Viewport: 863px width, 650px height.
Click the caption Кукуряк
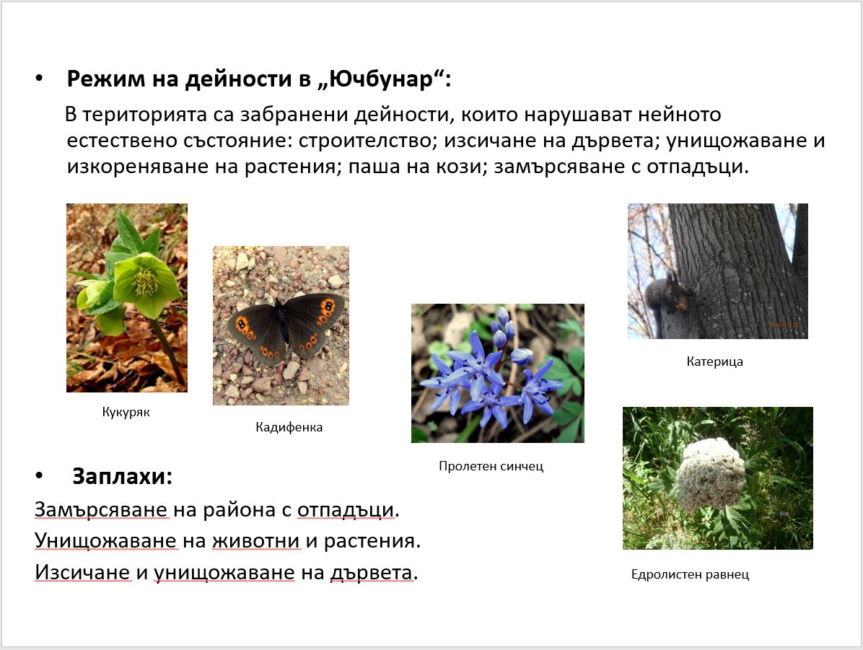126,412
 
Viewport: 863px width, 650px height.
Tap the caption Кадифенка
289,427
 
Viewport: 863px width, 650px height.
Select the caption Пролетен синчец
491,466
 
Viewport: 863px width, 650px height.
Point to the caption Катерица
714,361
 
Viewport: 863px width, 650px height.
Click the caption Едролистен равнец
690,574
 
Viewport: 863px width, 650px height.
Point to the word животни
256,541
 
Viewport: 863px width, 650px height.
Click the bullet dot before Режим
38,79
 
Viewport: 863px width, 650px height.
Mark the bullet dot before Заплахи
38,475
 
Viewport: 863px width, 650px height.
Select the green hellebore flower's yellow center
146,282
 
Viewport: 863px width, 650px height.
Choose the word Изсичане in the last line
82,573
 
